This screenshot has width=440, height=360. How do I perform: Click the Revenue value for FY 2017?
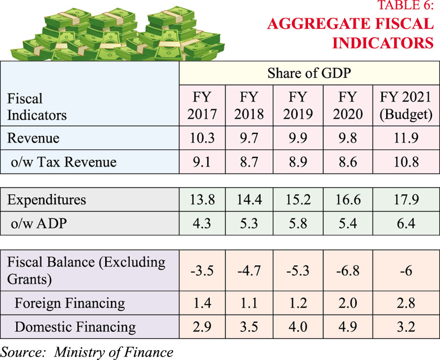pos(202,138)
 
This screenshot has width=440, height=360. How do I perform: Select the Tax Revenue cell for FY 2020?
pos(348,162)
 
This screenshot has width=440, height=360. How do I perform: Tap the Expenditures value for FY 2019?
pos(299,199)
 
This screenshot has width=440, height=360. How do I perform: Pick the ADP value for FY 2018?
pos(249,223)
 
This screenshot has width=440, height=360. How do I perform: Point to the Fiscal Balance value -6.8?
pos(348,271)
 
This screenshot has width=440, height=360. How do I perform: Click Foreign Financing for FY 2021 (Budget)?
pos(406,303)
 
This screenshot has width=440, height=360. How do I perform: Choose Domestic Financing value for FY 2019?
pos(299,327)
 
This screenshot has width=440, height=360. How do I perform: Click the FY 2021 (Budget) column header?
pos(406,105)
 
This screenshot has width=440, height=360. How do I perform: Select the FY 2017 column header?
pos(202,105)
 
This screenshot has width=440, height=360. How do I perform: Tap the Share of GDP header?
pos(309,74)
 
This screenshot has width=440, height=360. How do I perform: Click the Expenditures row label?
pos(47,199)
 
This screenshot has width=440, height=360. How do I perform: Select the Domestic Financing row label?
pos(75,327)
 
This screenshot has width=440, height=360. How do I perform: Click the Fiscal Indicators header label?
pos(37,107)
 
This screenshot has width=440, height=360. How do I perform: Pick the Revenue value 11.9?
pos(406,138)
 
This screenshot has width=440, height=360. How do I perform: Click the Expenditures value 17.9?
pos(406,199)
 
